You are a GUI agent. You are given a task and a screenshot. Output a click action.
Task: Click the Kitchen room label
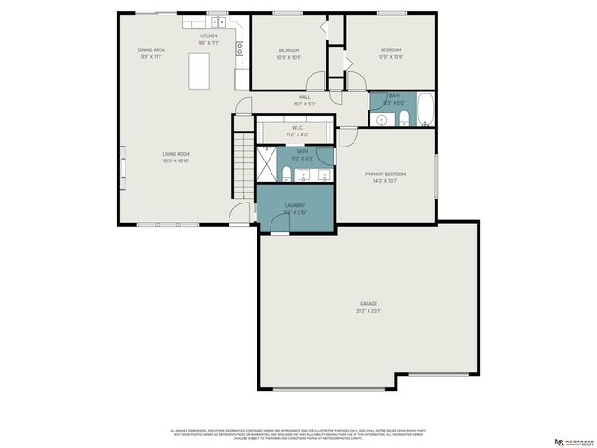[208, 35]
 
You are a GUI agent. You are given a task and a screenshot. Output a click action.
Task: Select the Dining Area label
[151, 50]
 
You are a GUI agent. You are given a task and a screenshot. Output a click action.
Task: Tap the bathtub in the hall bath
[424, 110]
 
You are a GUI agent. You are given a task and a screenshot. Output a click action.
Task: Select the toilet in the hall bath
[403, 119]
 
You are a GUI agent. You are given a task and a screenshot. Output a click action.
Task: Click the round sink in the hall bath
[382, 119]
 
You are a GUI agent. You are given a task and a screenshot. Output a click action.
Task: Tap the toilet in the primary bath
[288, 172]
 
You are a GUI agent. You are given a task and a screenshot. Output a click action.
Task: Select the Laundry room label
[296, 206]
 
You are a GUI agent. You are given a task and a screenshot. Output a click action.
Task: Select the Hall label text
[305, 97]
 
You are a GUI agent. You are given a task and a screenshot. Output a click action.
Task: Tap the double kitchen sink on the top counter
[217, 21]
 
